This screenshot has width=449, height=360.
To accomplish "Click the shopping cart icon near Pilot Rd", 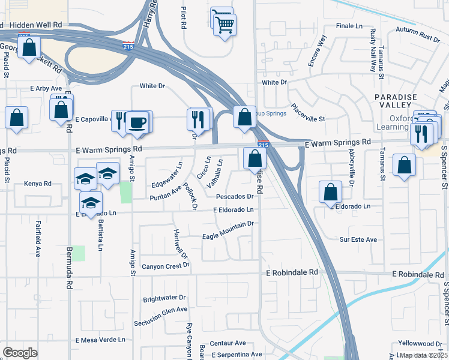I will coord(224,25).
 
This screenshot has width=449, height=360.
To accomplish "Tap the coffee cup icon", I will coord(137,122).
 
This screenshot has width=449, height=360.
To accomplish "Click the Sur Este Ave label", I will coord(358,239).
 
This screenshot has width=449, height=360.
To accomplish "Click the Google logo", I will coord(20,353).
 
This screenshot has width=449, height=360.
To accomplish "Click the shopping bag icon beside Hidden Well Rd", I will coord(29,48).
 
